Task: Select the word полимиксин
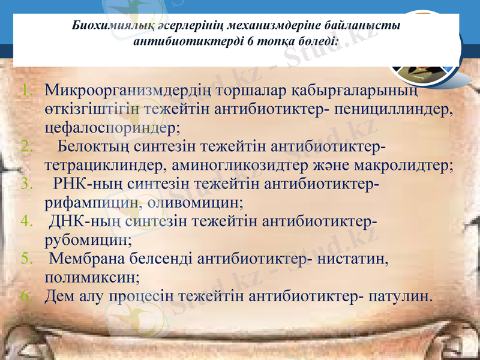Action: pos(91,277)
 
